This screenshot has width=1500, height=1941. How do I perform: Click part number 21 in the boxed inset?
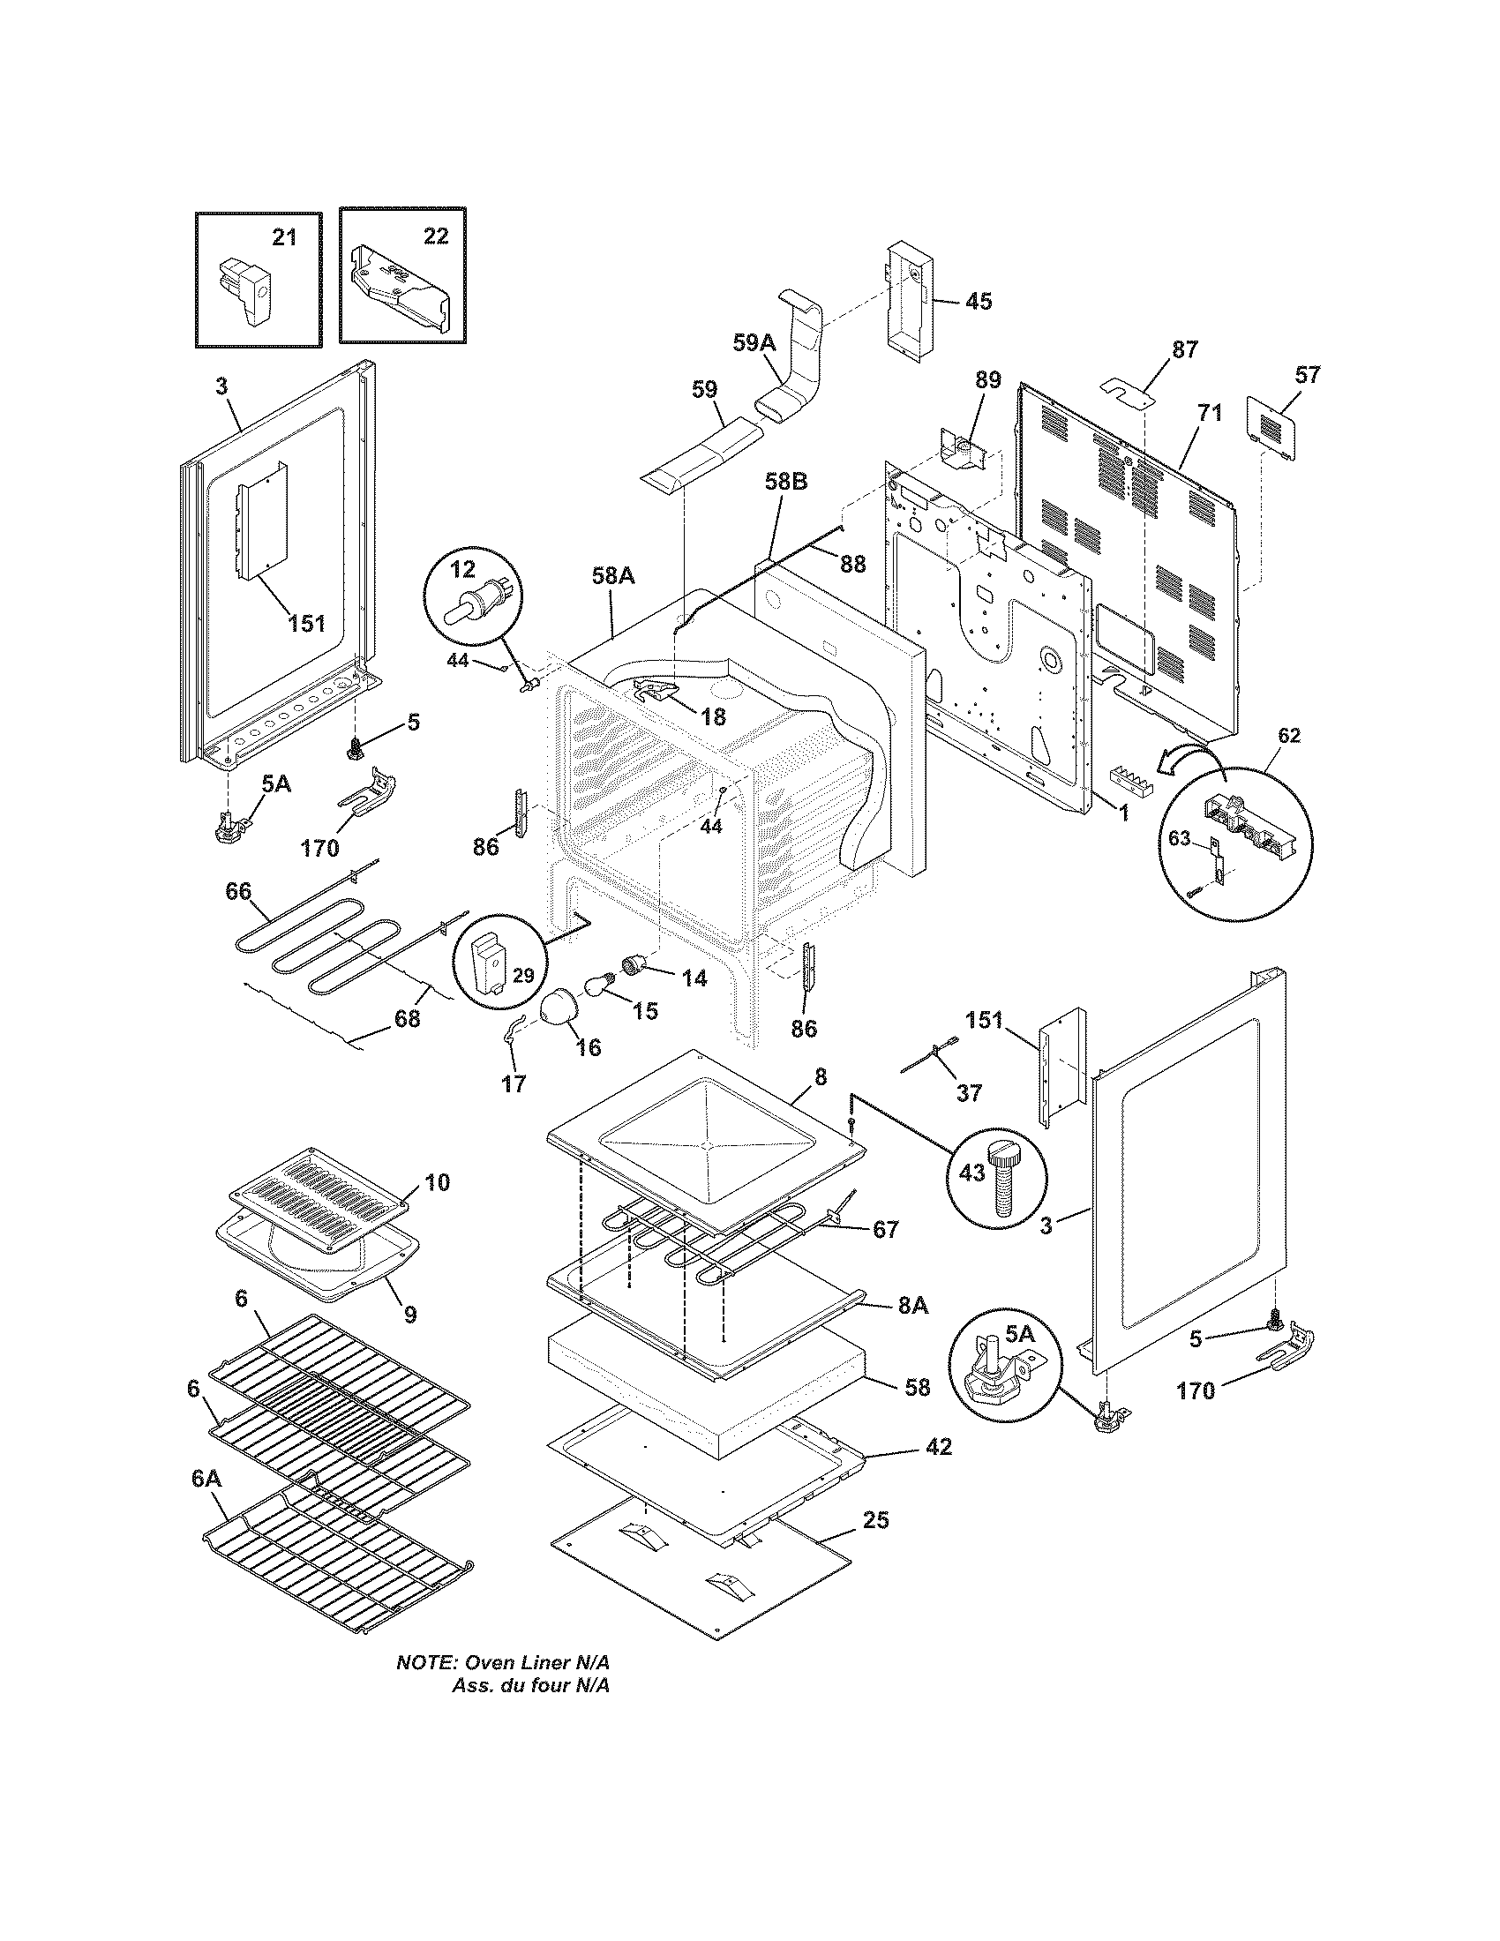tap(284, 237)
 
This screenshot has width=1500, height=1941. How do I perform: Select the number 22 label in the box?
tap(435, 236)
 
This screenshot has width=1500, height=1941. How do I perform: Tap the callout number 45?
tap(978, 300)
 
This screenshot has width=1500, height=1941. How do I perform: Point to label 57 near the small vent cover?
tap(1307, 374)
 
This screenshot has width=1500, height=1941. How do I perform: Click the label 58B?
tap(785, 481)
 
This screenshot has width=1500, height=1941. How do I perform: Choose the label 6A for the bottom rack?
tap(206, 1478)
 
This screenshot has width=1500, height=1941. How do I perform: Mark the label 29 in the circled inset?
tap(523, 976)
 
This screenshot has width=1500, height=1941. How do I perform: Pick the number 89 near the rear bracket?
tap(987, 380)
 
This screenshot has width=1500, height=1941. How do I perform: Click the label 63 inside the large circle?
tap(1178, 838)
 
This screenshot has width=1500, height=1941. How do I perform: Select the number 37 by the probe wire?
tap(969, 1091)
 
